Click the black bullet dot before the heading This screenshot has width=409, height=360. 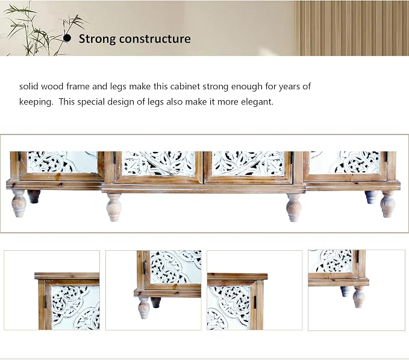point(67,38)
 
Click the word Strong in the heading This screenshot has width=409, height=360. point(98,39)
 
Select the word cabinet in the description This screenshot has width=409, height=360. point(185,86)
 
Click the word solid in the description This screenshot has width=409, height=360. point(29,86)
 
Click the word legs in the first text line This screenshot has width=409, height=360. point(118,87)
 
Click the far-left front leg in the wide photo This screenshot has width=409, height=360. point(19,203)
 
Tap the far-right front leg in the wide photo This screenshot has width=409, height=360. point(387,204)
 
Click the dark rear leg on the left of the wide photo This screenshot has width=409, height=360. point(34,197)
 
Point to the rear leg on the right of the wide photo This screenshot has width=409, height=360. point(371,197)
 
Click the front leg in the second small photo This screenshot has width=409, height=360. point(144,308)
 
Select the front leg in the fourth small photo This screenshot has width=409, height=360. point(359,297)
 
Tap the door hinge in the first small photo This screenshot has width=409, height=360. point(46,302)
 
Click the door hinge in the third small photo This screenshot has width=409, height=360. point(255,302)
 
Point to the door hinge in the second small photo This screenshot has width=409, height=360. point(145,268)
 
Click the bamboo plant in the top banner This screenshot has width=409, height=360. point(39,31)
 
